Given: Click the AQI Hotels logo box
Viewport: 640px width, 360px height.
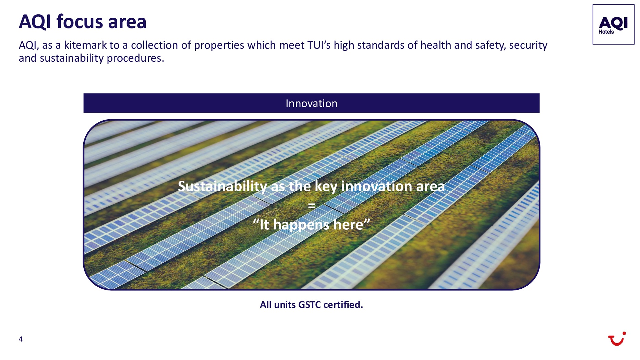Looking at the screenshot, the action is click(613, 24).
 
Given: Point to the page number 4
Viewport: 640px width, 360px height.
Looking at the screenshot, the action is click(21, 339).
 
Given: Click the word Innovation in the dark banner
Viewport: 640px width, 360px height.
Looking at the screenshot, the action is click(311, 103).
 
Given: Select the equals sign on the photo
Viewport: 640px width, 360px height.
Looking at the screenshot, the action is click(311, 206).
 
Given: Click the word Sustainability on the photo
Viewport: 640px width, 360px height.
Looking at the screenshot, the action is click(222, 186).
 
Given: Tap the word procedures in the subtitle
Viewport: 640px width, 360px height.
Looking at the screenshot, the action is click(135, 58).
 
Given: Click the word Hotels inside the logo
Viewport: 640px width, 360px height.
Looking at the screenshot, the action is click(606, 32).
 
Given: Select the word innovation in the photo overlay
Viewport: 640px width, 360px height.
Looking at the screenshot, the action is click(377, 186).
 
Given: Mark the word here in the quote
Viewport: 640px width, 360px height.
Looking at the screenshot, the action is click(348, 225).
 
